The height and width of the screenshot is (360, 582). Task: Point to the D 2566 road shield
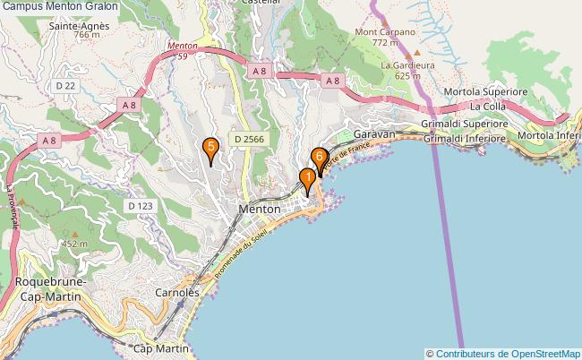point(249,139)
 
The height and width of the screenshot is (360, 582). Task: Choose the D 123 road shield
point(141,206)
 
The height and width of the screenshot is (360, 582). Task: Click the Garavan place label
point(374,133)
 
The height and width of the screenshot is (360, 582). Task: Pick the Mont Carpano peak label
point(385,32)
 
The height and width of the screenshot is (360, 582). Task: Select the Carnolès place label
point(177,293)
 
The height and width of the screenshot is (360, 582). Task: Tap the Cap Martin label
point(161,347)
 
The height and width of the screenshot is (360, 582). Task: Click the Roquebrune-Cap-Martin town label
point(50,289)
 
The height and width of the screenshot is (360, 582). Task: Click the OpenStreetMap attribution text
point(503,353)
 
